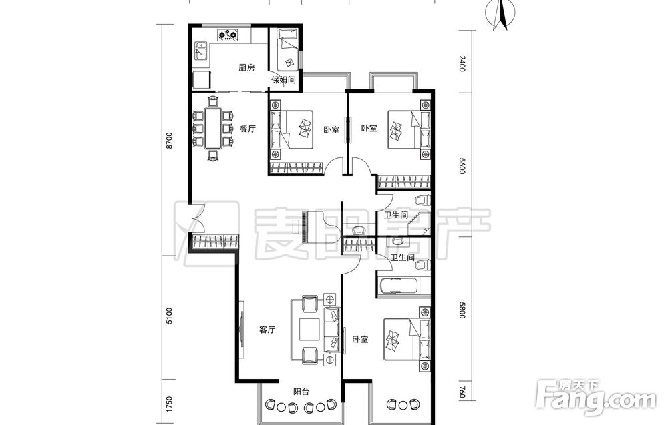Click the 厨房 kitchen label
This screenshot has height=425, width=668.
(x=246, y=67)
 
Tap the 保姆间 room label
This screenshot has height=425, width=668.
(x=284, y=79)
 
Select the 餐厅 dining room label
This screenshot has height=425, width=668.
(x=248, y=129)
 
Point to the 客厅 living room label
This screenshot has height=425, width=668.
(x=267, y=330)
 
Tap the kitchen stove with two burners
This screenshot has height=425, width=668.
(x=228, y=35)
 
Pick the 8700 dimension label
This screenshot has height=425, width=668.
(x=170, y=141)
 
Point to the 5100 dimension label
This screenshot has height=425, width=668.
(x=170, y=316)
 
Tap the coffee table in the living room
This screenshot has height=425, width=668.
(x=310, y=330)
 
